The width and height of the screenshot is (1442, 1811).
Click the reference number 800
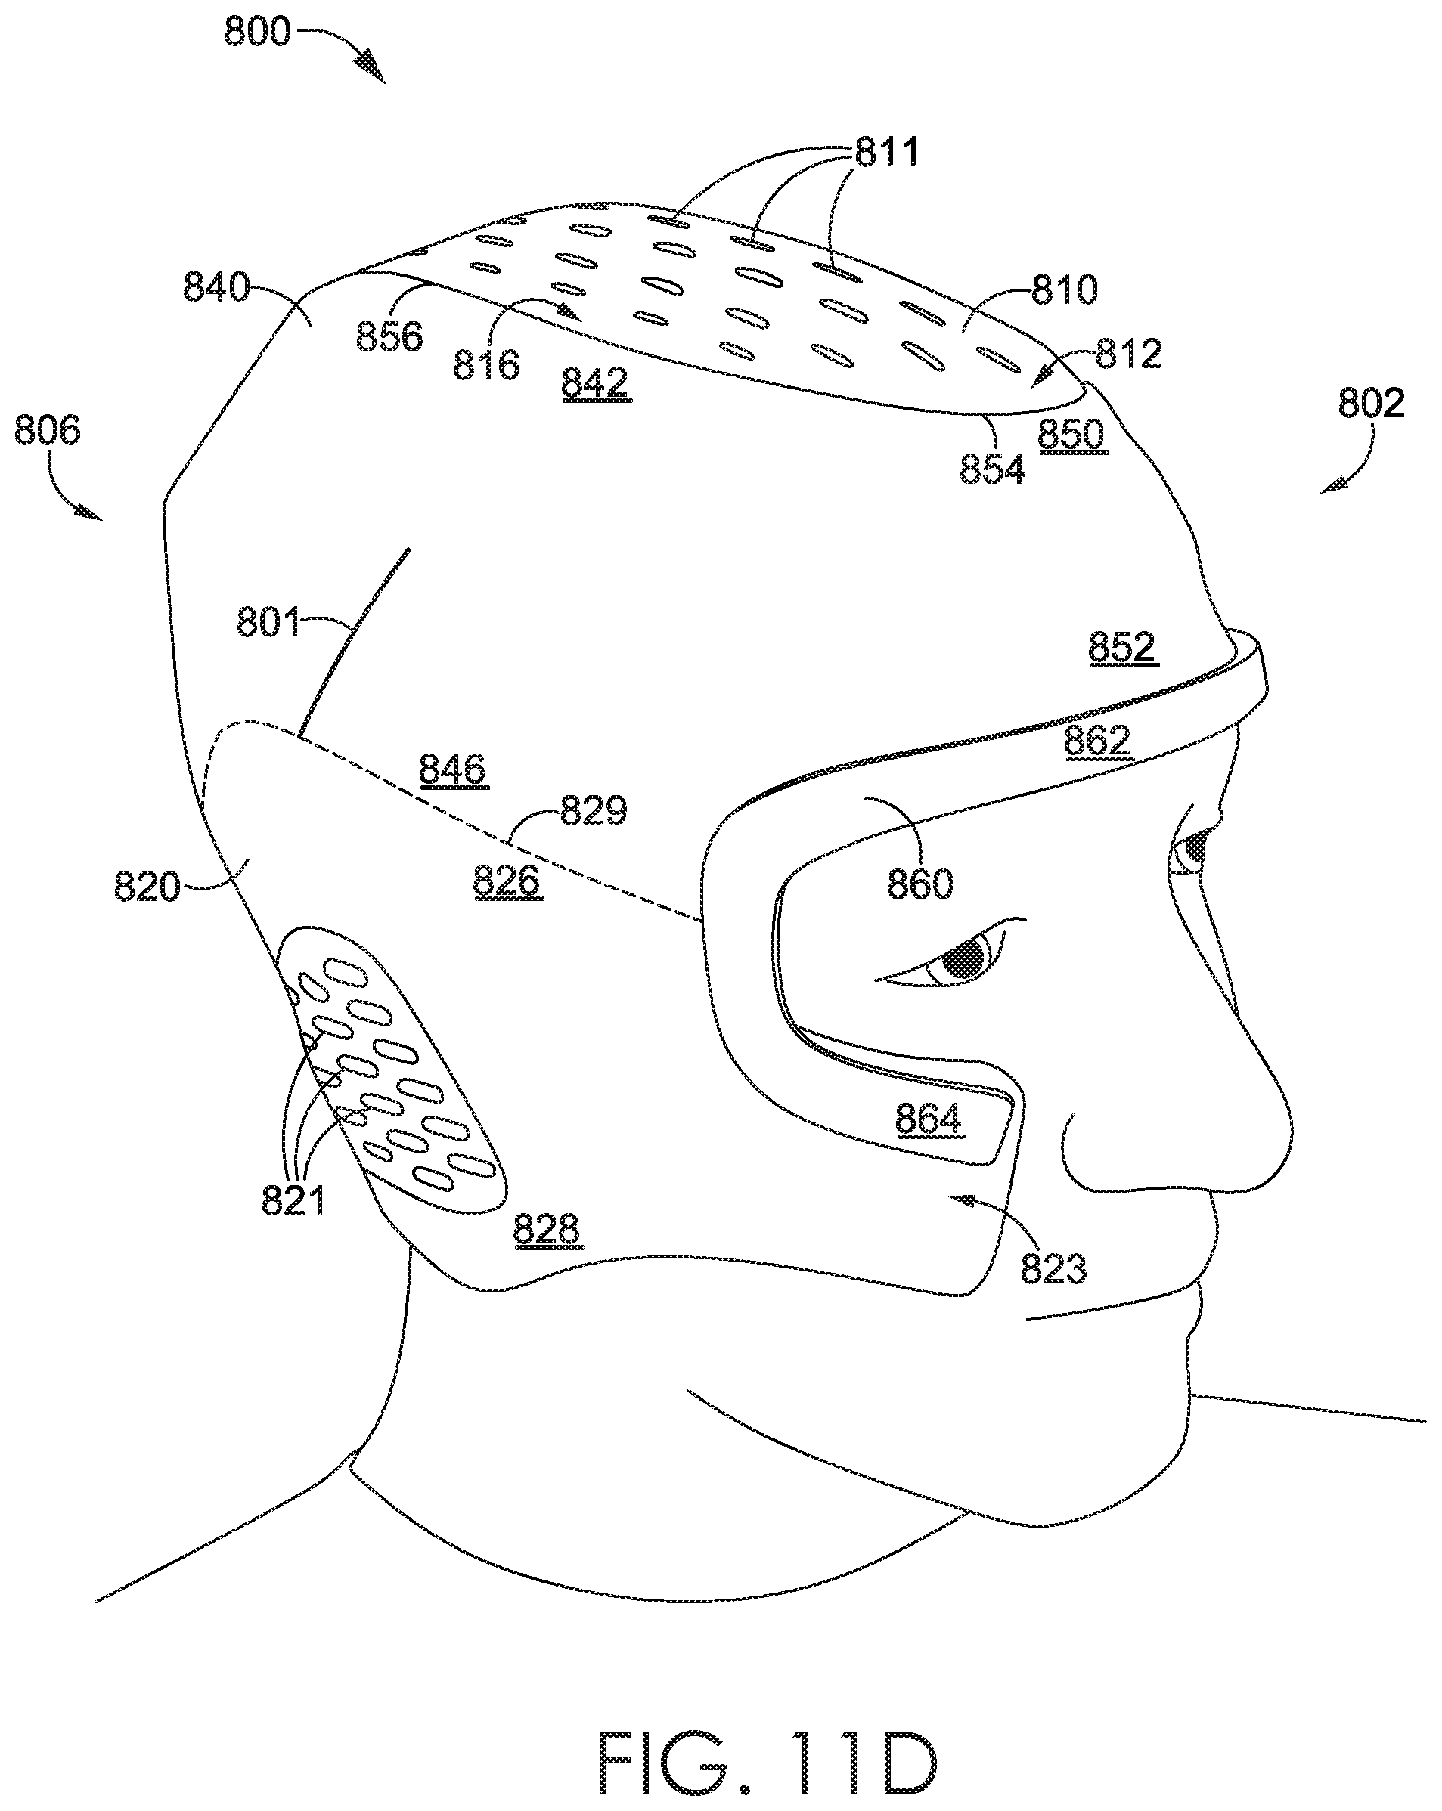(x=257, y=32)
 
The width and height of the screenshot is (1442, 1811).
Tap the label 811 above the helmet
(x=888, y=153)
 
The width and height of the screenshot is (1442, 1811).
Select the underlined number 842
(x=595, y=383)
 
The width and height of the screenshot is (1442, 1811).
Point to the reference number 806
(x=47, y=430)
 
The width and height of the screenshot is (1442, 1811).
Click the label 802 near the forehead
(x=1372, y=403)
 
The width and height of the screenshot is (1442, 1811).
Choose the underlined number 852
(x=1122, y=648)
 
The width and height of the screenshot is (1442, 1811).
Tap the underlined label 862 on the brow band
(x=1097, y=741)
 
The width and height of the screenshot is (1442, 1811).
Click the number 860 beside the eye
(x=920, y=884)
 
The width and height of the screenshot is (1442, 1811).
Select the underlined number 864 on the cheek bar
(x=928, y=1119)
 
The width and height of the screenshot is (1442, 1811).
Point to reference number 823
(x=1054, y=1268)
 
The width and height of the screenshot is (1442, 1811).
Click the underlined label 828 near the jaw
(x=546, y=1230)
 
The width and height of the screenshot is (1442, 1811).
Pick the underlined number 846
(x=453, y=769)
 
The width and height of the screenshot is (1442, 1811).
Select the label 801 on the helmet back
(x=268, y=622)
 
